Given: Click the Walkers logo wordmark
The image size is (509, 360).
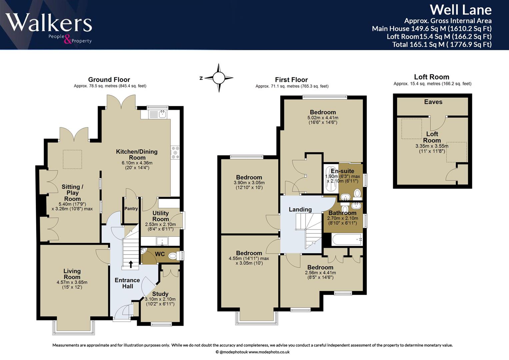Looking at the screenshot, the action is (x=49, y=23).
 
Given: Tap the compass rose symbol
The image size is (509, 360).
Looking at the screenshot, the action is (x=219, y=78).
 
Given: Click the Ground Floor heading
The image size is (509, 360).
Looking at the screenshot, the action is (x=109, y=80).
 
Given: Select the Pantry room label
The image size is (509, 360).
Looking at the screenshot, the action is (x=131, y=209).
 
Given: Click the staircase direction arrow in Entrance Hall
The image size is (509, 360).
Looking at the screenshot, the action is (x=131, y=264).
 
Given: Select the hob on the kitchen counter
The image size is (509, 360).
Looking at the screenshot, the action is (x=175, y=152).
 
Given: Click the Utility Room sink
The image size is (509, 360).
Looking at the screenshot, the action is (x=162, y=241).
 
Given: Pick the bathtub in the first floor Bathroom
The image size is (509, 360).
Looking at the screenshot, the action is (x=347, y=239).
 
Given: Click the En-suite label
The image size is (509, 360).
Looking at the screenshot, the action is (x=342, y=171).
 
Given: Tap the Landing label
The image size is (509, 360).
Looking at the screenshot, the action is (x=300, y=209).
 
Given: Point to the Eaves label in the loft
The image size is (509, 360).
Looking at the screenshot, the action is (x=433, y=102).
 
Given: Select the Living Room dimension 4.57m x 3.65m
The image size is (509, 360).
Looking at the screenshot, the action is (x=72, y=282).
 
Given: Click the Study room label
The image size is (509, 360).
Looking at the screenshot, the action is (x=160, y=294).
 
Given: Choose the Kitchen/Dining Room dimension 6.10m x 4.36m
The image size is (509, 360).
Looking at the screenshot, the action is (x=137, y=163).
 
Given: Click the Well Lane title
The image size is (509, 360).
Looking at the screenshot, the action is (x=461, y=10).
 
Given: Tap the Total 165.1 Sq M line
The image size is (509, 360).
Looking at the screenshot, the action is (x=442, y=44).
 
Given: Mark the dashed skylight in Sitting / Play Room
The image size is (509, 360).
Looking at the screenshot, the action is (x=72, y=159).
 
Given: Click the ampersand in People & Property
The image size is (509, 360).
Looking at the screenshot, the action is (x=68, y=39).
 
